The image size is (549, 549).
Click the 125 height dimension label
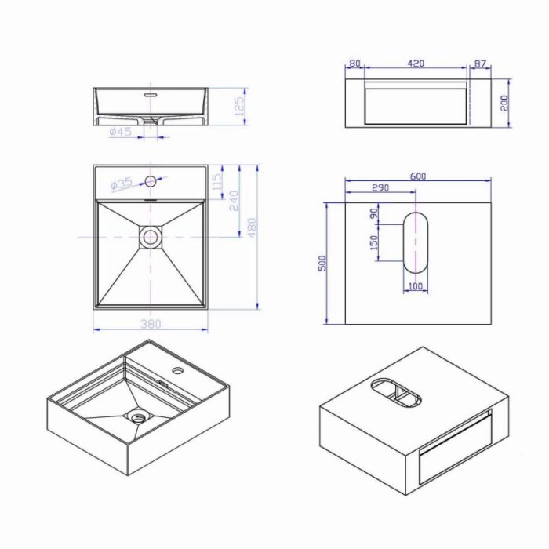click(239, 106)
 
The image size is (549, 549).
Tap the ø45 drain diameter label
click(121, 132)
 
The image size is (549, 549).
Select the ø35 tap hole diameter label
click(122, 184)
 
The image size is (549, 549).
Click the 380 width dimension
click(151, 324)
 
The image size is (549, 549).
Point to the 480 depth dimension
click(252, 228)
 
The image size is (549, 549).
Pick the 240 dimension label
click(234, 201)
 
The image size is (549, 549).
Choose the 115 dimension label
click(217, 182)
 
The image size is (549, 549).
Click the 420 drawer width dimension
click(416, 64)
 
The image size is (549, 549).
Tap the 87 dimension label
click(480, 64)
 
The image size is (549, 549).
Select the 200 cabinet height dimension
click(504, 103)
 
